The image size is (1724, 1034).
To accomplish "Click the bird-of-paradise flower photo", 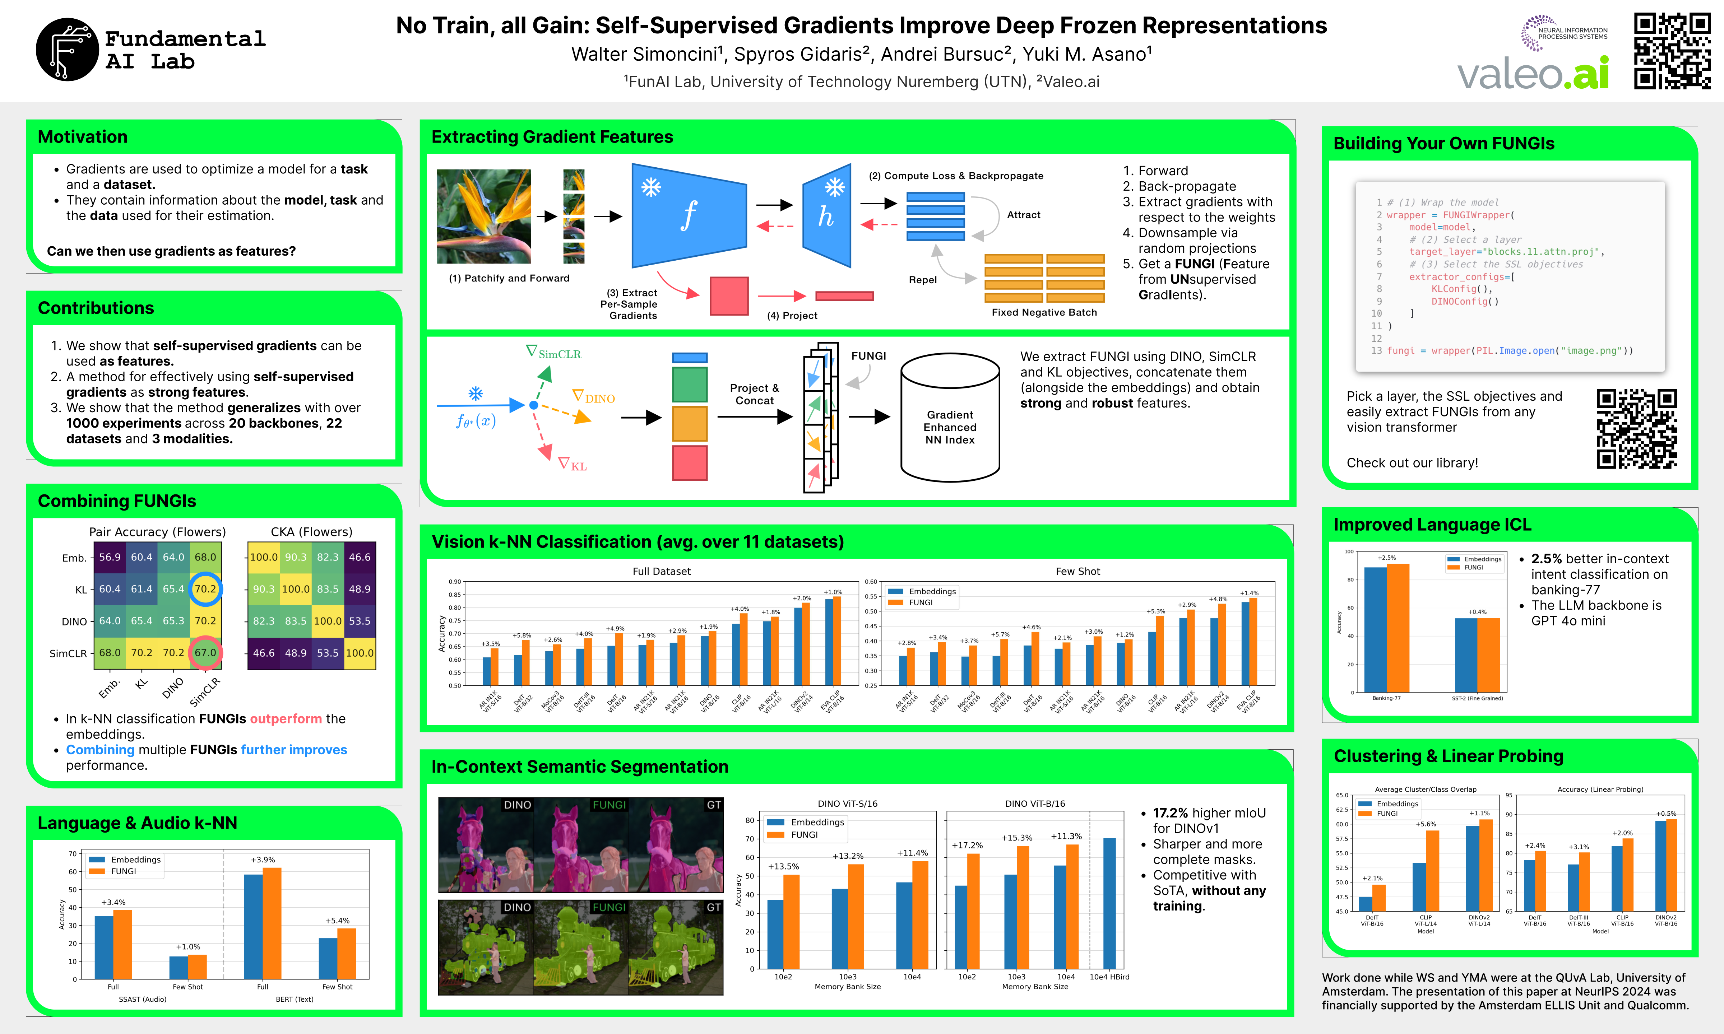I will [483, 216].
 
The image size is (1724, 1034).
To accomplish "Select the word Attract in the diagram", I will [1023, 215].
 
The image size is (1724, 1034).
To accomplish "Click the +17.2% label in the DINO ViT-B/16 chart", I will [967, 845].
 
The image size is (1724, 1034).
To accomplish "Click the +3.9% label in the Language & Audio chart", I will [263, 860].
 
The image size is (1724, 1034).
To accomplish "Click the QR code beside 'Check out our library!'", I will [1636, 429].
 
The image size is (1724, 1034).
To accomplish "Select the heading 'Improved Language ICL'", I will [1432, 525].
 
